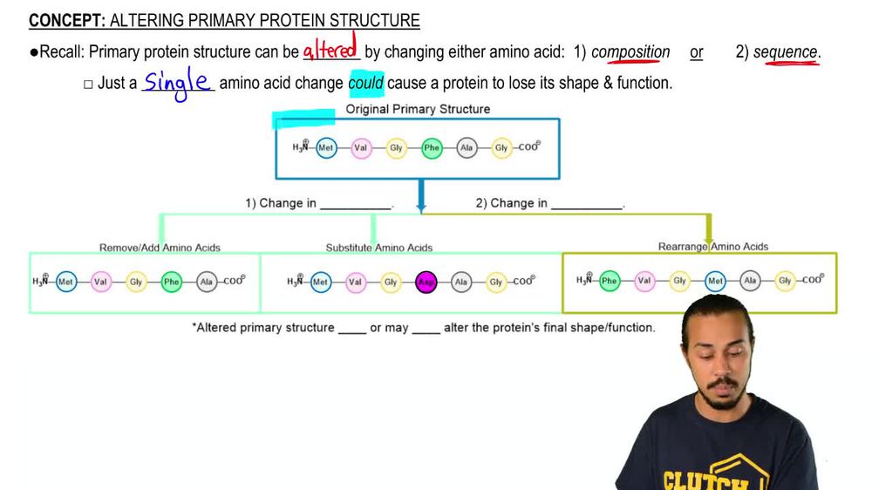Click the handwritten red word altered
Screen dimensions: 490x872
click(330, 50)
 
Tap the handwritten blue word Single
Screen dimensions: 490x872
click(178, 82)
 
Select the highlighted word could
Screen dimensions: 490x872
click(366, 84)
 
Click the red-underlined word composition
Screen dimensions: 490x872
click(630, 52)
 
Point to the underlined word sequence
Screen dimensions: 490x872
click(786, 52)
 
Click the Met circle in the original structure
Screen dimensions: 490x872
click(326, 148)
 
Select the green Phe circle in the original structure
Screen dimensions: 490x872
click(432, 148)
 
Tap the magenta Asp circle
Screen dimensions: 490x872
click(426, 282)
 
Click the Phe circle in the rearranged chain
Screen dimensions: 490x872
click(610, 281)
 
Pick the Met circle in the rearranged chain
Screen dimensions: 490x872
click(715, 281)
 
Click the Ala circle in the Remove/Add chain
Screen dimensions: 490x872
click(207, 282)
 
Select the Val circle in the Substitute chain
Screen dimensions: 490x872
click(355, 282)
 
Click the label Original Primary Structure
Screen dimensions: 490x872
click(418, 109)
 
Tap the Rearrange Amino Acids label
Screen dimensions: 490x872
click(713, 247)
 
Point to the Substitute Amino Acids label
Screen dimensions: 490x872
click(379, 248)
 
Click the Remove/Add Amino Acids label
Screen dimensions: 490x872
click(160, 248)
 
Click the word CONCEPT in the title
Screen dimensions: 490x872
click(65, 21)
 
